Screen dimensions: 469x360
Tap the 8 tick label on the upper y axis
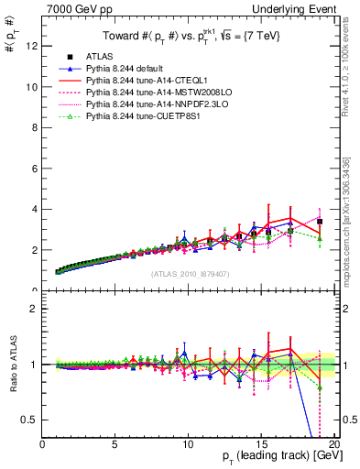[x=35, y=127]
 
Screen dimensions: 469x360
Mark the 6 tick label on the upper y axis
[x=35, y=168]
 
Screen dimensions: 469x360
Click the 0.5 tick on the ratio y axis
[x=30, y=420]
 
